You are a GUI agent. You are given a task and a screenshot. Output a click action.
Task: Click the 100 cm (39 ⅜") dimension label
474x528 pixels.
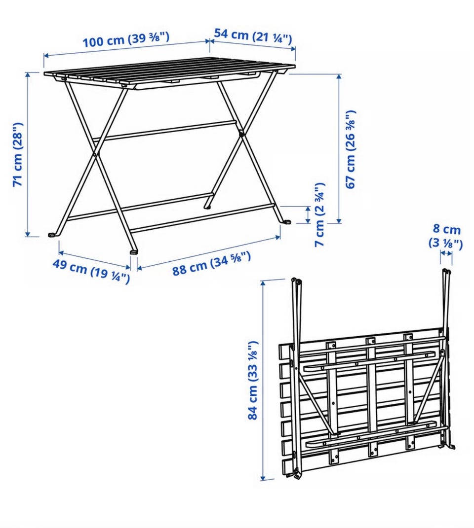125,40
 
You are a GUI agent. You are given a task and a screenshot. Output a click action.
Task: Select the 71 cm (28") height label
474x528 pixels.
18,155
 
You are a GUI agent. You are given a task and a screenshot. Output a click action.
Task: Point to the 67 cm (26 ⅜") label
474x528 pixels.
350,149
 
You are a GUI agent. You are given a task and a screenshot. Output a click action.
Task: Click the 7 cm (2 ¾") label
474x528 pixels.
319,215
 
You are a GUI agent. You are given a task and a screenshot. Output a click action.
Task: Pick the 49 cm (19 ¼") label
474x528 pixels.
91,272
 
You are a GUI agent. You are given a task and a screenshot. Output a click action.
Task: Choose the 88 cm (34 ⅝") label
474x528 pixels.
211,264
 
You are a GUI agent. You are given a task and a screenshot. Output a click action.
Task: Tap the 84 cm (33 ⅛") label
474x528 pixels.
253,381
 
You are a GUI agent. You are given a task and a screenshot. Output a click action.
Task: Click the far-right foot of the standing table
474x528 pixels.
287,222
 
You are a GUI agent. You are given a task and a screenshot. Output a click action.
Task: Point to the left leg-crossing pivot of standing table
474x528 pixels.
95,155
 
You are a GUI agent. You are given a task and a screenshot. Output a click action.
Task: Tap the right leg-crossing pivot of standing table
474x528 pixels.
241,133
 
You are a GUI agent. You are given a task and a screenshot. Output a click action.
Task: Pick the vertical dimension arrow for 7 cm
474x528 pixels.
308,214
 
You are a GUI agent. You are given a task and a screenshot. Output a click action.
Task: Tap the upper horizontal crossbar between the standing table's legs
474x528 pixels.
164,131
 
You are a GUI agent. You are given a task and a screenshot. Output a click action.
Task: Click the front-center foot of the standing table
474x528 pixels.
134,251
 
